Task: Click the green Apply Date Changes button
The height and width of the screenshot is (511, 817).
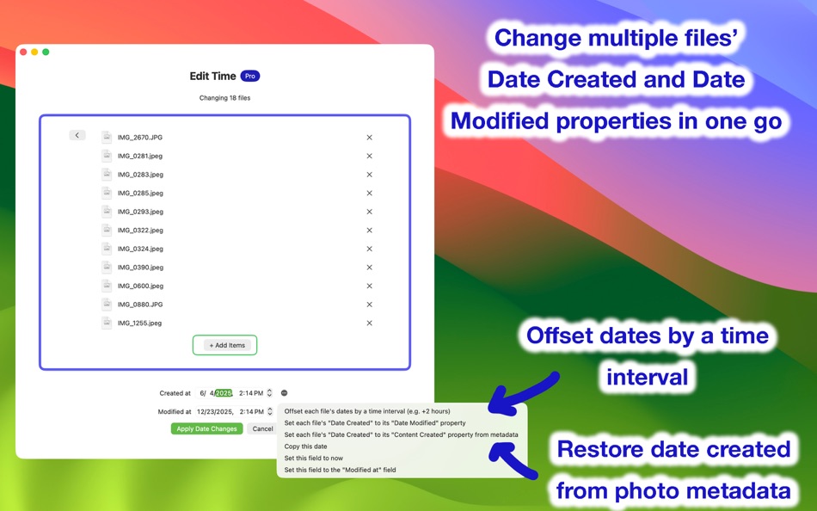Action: [x=206, y=428]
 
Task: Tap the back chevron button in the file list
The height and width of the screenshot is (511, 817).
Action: [x=77, y=135]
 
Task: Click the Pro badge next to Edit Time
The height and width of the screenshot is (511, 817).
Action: [x=249, y=76]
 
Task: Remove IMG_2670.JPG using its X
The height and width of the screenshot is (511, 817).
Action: [x=369, y=138]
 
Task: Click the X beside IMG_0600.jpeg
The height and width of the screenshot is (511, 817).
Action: [x=369, y=286]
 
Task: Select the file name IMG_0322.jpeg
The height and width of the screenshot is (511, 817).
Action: [x=140, y=231]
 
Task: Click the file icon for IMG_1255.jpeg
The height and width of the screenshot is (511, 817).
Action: [x=107, y=323]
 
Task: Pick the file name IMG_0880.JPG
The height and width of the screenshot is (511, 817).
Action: [x=140, y=305]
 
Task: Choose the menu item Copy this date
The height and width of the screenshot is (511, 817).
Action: [x=305, y=446]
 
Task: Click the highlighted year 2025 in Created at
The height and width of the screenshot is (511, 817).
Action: [x=224, y=393]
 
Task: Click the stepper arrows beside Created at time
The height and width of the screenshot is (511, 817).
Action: [x=269, y=393]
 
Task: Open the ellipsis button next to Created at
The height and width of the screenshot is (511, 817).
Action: [x=284, y=393]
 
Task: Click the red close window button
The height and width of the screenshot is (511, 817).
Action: [x=23, y=52]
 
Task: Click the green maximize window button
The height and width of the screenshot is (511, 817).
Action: [x=46, y=52]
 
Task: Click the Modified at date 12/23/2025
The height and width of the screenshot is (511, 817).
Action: [x=215, y=412]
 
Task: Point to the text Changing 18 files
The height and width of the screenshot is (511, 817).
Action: [x=224, y=98]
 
